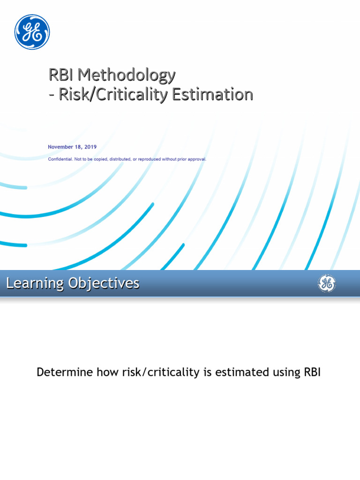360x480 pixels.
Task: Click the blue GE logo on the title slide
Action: (x=32, y=32)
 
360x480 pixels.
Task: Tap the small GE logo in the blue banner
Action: (x=327, y=283)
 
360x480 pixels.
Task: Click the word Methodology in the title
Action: (x=127, y=75)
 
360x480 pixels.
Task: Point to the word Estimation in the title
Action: (x=212, y=94)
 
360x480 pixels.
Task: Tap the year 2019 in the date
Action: (x=90, y=147)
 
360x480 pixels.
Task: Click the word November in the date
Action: (x=60, y=147)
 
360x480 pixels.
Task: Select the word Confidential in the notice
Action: (x=60, y=159)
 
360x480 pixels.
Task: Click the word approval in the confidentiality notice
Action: (x=197, y=159)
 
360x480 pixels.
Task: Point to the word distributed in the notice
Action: (x=120, y=159)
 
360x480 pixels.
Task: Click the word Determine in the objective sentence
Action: (x=65, y=372)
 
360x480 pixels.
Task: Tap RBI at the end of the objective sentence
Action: (x=312, y=372)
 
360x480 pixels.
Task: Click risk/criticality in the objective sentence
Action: (x=161, y=373)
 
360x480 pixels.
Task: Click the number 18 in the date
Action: (x=79, y=147)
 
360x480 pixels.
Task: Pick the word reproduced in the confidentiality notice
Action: (x=150, y=159)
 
